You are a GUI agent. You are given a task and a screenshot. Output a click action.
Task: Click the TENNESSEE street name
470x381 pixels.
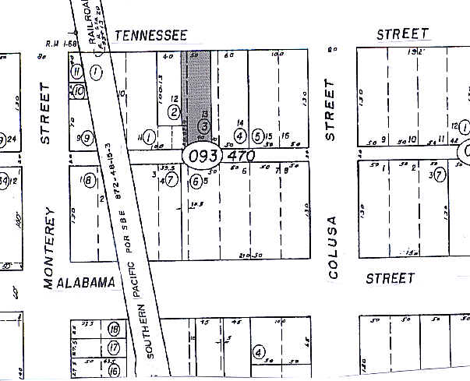(151, 35)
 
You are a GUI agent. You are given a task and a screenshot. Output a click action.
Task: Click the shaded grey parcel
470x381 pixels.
(199, 93)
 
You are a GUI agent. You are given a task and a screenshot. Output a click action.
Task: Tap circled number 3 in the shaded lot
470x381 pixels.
(203, 125)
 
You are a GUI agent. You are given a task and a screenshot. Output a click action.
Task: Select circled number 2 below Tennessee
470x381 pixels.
(173, 113)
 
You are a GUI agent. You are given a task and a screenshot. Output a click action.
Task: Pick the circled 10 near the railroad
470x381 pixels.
(80, 91)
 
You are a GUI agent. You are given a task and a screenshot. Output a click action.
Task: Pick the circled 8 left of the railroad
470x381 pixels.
(88, 182)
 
